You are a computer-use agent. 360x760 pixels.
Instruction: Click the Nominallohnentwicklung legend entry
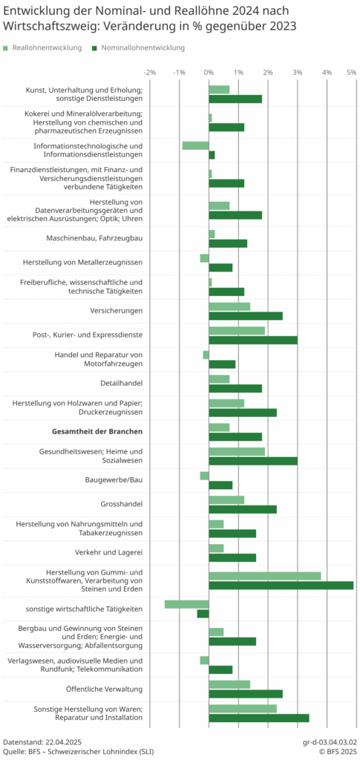tap(139, 48)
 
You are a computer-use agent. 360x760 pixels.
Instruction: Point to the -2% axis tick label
tap(150, 72)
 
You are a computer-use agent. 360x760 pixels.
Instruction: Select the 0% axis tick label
tap(209, 72)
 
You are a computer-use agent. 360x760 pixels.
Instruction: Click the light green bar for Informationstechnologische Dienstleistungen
tap(196, 145)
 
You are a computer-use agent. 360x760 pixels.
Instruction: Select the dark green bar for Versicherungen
tap(246, 316)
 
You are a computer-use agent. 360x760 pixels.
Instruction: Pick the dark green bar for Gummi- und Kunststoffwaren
tap(281, 586)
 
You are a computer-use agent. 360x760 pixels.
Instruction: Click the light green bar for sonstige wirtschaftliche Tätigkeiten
tap(187, 604)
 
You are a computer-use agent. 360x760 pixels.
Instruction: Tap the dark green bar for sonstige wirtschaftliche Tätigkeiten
tap(203, 614)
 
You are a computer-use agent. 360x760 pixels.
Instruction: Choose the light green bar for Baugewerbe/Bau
tap(204, 476)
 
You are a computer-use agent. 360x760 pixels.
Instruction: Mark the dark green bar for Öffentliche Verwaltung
tap(246, 694)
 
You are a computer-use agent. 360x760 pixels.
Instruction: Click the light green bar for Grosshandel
tap(226, 499)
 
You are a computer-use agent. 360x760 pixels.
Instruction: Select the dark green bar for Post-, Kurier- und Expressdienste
tap(253, 340)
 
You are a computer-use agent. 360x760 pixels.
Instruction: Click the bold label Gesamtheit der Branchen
tap(97, 431)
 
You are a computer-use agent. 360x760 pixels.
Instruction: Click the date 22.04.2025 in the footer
tap(63, 742)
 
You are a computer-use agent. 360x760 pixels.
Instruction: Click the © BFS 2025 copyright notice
tap(338, 751)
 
